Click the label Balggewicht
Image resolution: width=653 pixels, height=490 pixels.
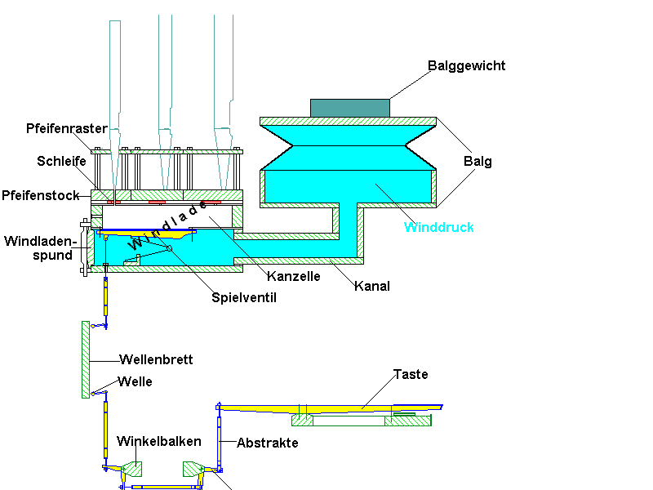coord(467,65)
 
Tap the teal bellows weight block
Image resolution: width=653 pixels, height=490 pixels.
coord(349,108)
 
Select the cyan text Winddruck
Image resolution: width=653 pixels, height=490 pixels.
coord(439,227)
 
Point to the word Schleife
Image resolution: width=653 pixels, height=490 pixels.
coord(62,161)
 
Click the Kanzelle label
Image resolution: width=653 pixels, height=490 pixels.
coord(293,276)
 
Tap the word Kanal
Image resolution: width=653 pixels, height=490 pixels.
coord(372,286)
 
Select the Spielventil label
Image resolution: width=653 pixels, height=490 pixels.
coord(244,298)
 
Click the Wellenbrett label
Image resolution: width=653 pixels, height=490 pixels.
coord(156,359)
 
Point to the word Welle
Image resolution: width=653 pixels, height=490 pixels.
coord(135,381)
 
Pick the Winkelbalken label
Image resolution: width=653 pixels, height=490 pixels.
coord(159,441)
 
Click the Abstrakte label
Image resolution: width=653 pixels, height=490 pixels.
coord(268,443)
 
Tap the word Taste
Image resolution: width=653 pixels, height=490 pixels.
coord(411,374)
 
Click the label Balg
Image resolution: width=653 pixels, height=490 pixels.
coord(478,161)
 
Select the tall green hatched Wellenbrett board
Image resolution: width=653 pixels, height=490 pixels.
coord(85,359)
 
